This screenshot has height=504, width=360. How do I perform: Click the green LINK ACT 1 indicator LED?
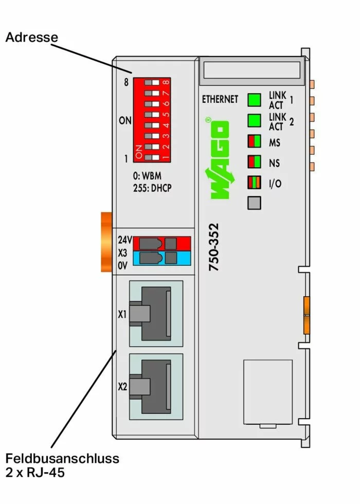[x=255, y=100]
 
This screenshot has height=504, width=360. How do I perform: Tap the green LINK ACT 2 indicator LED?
[x=255, y=120]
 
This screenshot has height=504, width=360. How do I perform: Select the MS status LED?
[x=255, y=141]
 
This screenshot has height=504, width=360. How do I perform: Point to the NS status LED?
[x=255, y=162]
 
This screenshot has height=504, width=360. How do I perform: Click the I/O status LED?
[x=255, y=183]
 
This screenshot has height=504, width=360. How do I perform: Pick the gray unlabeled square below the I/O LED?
[x=255, y=203]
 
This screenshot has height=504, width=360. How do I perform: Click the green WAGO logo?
[x=219, y=159]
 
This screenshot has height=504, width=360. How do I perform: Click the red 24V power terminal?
[x=162, y=243]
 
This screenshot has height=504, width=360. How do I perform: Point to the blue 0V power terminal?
[x=162, y=258]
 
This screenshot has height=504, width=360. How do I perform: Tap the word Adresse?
[x=31, y=38]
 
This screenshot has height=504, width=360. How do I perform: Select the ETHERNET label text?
[x=220, y=99]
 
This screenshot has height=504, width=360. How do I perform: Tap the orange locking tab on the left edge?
[x=105, y=241]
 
